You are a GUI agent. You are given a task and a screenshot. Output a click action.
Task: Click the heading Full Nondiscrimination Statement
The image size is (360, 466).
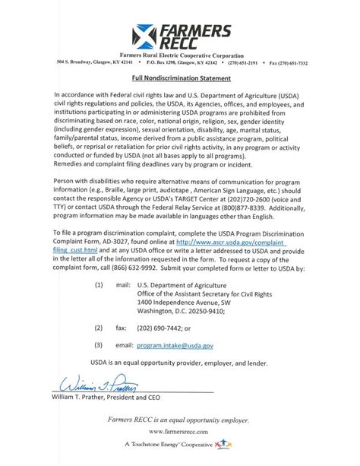point(180,78)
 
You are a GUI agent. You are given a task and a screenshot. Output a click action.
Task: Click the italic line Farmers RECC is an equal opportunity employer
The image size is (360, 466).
point(180,417)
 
